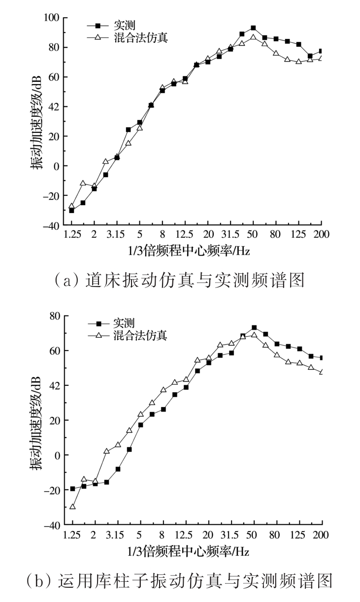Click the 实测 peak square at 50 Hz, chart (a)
tap(253, 28)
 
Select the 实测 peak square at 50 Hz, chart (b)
tap(254, 328)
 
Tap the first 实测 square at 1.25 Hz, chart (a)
tap(72, 210)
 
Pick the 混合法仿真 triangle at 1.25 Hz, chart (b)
tap(72, 507)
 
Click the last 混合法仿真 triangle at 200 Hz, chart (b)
tap(322, 372)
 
